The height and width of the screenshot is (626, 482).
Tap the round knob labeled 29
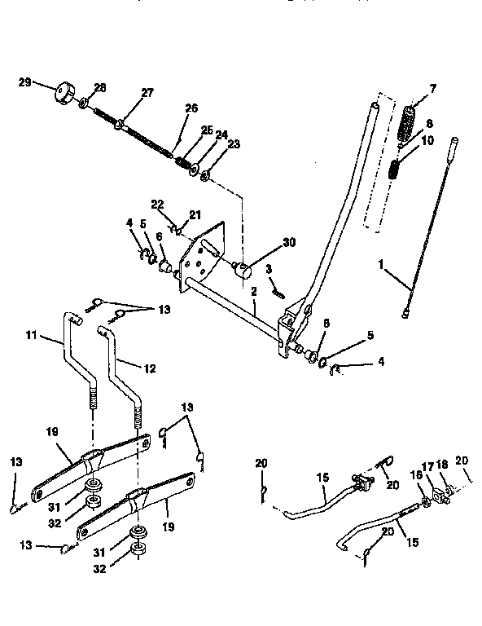[x=62, y=93]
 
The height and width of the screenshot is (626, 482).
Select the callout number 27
[x=147, y=93]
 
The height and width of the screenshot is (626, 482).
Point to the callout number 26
[x=191, y=108]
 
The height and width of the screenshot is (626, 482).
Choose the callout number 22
[x=157, y=204]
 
